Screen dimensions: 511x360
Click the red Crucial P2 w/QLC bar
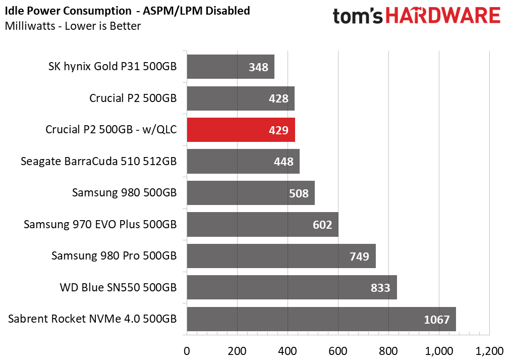(x=241, y=130)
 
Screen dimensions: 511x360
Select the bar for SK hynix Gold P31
(x=231, y=67)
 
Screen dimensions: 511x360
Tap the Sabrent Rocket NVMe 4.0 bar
(x=321, y=319)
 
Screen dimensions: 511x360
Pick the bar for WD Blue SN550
(x=292, y=287)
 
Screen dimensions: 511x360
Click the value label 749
(x=360, y=256)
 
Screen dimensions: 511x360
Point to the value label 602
(x=322, y=225)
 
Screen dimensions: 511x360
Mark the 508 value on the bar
(x=299, y=193)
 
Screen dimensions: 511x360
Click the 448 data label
(x=283, y=162)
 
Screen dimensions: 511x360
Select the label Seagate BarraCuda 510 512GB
(x=99, y=162)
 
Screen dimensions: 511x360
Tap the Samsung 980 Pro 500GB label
(x=114, y=255)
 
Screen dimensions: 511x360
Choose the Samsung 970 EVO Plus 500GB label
(x=100, y=224)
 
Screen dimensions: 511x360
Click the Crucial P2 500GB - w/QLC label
(x=111, y=130)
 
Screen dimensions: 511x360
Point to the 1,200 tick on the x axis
(x=489, y=351)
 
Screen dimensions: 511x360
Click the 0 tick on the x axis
(x=187, y=351)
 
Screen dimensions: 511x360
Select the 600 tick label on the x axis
(x=338, y=351)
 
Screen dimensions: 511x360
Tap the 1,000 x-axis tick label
(x=439, y=351)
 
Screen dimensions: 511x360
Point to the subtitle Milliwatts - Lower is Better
(x=73, y=26)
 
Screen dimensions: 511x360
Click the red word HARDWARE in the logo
(x=443, y=16)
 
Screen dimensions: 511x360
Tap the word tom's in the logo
(x=358, y=16)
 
